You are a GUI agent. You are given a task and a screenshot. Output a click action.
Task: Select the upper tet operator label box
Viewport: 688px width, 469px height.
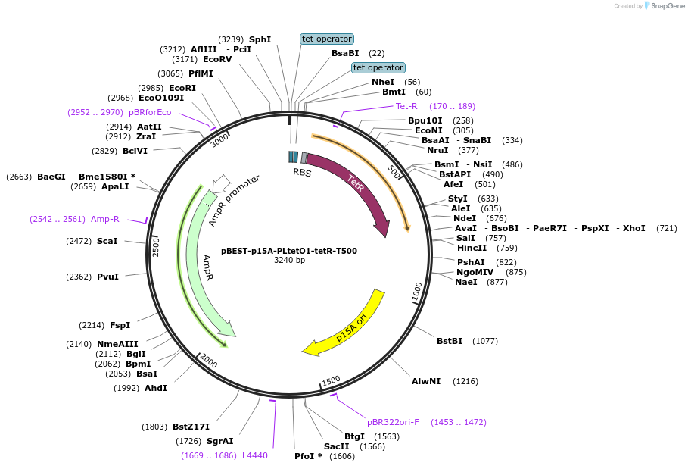(x=326, y=39)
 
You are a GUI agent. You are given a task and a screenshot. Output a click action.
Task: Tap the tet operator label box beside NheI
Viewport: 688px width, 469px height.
(x=378, y=67)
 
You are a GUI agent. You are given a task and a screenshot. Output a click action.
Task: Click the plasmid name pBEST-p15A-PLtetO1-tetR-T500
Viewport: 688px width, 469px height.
(x=289, y=251)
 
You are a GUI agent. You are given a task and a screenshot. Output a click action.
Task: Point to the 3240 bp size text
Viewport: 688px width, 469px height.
(x=289, y=261)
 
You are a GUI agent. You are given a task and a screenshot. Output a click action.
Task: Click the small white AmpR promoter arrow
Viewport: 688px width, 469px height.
(x=221, y=183)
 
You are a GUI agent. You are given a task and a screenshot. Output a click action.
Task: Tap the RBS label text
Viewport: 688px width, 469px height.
(x=302, y=172)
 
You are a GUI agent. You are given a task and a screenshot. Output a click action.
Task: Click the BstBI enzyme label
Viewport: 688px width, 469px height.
(x=450, y=341)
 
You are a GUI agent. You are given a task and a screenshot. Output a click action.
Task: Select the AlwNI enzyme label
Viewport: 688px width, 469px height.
(x=425, y=381)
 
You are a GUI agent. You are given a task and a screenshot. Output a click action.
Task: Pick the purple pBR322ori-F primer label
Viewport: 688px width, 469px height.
(x=393, y=422)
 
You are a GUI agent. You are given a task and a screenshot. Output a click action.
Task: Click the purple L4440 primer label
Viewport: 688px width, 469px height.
(x=254, y=455)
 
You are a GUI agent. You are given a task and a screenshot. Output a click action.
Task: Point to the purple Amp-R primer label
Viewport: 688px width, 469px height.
(x=105, y=219)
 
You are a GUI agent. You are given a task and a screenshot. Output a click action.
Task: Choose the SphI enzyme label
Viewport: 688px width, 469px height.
(x=260, y=39)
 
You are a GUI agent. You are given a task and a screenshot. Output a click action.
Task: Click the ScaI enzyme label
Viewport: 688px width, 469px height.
(x=107, y=241)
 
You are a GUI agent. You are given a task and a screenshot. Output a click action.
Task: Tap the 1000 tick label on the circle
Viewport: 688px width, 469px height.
(x=417, y=292)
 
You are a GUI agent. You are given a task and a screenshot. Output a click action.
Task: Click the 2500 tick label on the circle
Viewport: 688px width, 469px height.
(x=157, y=246)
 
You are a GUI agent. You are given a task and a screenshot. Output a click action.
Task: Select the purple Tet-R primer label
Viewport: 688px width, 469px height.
(x=406, y=106)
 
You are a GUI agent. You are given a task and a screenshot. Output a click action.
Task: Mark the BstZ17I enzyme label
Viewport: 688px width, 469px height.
(x=191, y=427)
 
